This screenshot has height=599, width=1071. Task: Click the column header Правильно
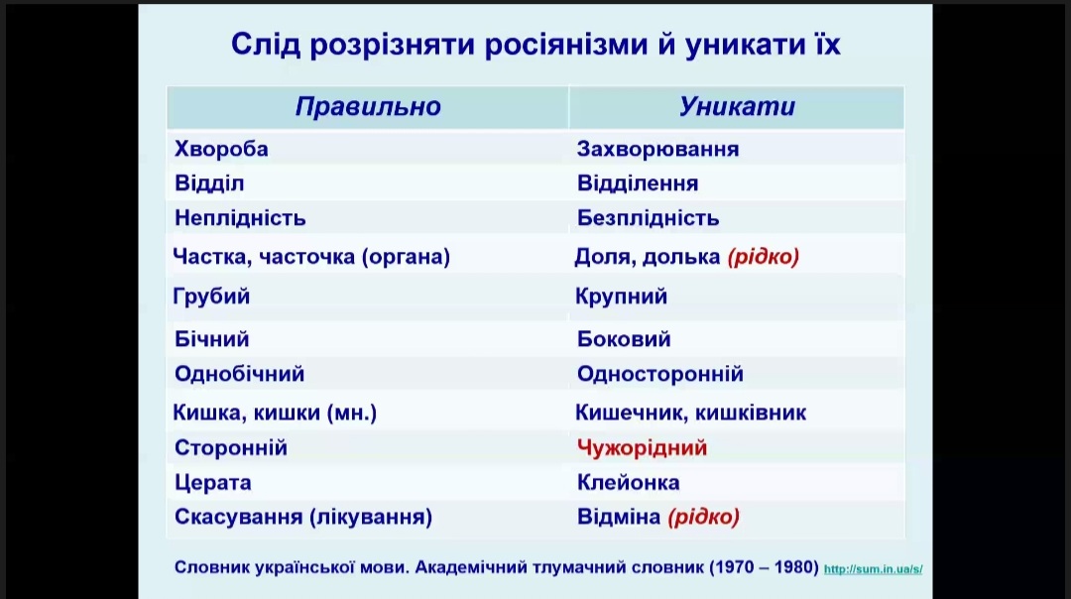point(368,106)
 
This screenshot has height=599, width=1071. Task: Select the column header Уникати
point(737,106)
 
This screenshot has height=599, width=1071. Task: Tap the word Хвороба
point(221,149)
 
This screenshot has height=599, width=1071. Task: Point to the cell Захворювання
point(657,149)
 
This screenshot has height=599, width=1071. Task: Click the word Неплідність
point(240,218)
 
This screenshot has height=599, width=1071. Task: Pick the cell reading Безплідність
point(649,218)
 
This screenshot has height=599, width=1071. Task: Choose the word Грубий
point(211,297)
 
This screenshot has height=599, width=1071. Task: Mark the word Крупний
point(621,297)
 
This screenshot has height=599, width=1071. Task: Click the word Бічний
point(212,339)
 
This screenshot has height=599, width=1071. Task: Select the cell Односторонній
point(659,374)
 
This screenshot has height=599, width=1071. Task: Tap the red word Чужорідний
point(642,448)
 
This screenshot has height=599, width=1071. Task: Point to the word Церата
point(212,483)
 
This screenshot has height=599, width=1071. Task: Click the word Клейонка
point(629,483)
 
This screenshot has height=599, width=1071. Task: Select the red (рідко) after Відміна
point(703,517)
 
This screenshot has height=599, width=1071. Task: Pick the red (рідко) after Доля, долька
point(763,257)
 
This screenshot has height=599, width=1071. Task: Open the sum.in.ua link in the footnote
point(873,569)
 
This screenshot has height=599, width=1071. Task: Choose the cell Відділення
point(638,183)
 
